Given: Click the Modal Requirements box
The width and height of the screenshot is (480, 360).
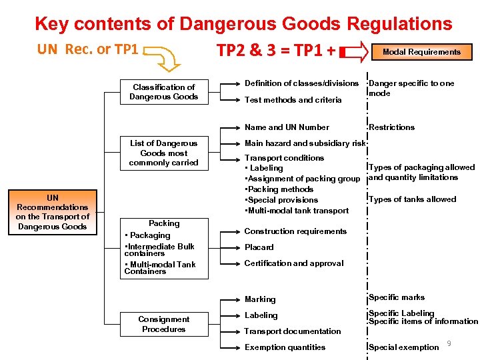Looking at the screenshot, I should (x=421, y=52).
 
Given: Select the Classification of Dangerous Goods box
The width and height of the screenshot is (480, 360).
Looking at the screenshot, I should (x=164, y=92).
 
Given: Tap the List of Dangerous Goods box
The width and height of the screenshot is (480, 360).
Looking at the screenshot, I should (x=164, y=153).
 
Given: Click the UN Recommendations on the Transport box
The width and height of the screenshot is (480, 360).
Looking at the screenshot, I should (x=52, y=212).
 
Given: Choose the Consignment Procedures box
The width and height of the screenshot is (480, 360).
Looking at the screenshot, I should (x=164, y=324).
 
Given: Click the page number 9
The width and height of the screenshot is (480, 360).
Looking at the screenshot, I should (x=449, y=343).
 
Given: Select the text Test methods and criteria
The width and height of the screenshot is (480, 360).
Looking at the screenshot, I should (x=293, y=100).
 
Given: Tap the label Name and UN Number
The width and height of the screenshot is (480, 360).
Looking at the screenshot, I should (x=287, y=127).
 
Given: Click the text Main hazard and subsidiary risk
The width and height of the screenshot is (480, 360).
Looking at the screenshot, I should (x=305, y=143).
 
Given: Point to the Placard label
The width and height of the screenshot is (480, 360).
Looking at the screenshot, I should (x=259, y=247).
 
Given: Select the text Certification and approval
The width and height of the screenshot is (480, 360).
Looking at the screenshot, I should (x=293, y=263).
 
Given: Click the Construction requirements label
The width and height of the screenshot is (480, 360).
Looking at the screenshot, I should (x=295, y=231).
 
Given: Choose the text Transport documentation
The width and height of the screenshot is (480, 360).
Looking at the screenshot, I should (x=292, y=331).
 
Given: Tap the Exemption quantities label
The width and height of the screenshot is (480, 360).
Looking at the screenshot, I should (x=285, y=347).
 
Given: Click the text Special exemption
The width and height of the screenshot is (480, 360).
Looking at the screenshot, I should (x=403, y=347).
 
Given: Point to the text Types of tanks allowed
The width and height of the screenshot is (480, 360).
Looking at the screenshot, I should (x=412, y=199).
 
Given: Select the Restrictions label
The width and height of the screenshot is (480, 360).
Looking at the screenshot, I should (x=391, y=127).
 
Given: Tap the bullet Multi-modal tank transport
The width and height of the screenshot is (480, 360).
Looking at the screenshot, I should (x=297, y=211).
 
